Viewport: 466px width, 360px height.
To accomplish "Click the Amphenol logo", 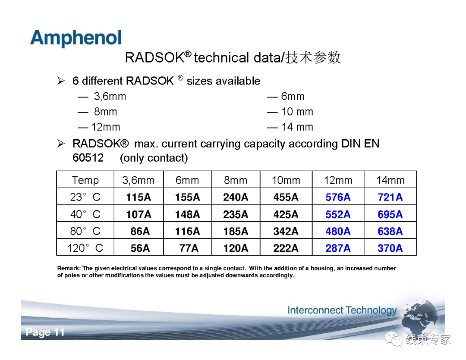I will point(76,38).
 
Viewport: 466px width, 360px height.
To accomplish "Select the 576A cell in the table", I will point(338,197).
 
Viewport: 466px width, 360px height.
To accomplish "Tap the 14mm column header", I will point(390,180).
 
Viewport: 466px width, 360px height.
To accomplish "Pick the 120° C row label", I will point(85,248).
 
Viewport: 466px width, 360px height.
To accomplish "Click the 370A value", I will point(390,248).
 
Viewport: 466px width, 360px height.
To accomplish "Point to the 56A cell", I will point(140,248).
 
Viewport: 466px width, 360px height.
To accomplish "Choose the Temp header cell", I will point(85,180).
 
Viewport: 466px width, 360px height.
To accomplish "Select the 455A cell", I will point(286,197).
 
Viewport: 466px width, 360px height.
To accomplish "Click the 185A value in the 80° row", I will point(236,231).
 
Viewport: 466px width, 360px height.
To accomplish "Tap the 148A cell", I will point(187,214).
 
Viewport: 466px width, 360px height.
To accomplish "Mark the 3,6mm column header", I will point(138,180).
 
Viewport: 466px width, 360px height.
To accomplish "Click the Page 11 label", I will point(45,332).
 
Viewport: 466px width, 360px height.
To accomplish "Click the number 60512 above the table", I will point(88,158).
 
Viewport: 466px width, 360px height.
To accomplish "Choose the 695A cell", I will point(390,214).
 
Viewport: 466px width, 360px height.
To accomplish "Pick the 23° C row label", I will point(85,197).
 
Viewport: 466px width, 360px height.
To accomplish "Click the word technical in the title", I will point(221,57).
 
